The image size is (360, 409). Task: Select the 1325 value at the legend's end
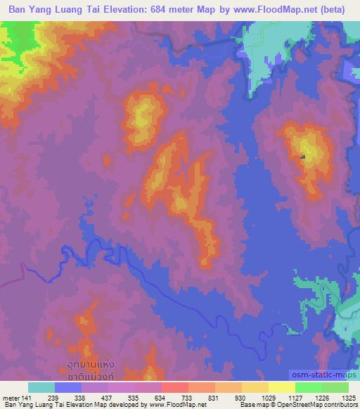(348, 397)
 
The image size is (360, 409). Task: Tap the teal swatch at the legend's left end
(41, 387)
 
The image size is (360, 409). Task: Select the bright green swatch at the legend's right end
(335, 387)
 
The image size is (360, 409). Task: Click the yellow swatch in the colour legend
(282, 387)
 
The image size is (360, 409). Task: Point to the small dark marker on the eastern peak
(303, 157)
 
